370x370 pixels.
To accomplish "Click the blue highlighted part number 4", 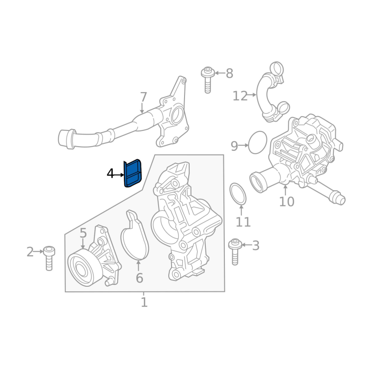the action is pos(133,173).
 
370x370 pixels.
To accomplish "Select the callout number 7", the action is pos(143,97).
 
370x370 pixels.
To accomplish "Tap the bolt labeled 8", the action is pos(208,80).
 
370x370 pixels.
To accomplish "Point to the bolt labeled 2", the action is pos(49,259).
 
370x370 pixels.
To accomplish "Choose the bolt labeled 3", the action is pos(235,252).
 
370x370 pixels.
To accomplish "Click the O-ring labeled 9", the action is pos(258,142).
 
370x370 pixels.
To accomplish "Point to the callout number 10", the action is pos(287,202).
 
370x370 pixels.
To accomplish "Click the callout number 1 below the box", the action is pos(144,302).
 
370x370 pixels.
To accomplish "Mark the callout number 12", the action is pos(240,96).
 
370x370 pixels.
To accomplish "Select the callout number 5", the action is pos(83,233).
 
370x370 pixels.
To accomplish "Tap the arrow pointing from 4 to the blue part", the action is pos(119,175).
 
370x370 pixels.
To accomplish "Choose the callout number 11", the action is pos(243,222).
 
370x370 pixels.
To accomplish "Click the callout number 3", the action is pos(256,246).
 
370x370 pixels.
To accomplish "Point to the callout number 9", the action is pos(234,146).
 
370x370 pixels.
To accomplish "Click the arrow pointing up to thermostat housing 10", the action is pos(285,191).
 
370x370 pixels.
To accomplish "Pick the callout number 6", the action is pos(140,278).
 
